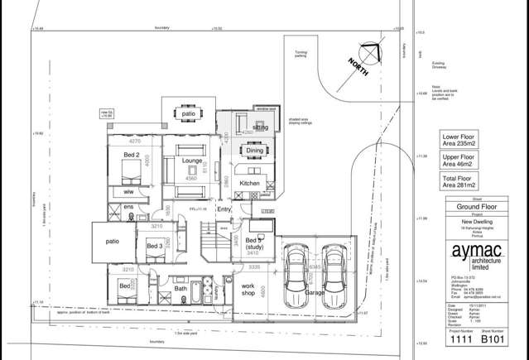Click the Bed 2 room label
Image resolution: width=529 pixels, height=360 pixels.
coord(131,155)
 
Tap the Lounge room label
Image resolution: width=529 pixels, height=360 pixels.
coord(193,161)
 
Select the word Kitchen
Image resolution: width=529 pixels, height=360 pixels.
coord(250,183)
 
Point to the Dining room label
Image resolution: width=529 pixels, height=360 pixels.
coord(254,151)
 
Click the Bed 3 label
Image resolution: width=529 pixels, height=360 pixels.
coord(154,246)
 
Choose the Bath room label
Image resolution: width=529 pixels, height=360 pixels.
coord(180,289)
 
